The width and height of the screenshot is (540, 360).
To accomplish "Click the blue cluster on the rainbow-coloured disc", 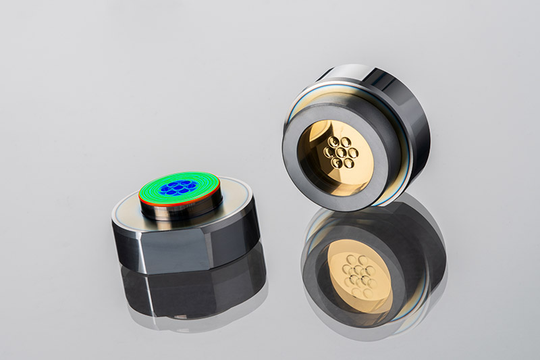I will (180, 187).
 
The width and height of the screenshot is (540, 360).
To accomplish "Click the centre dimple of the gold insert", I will (337, 152).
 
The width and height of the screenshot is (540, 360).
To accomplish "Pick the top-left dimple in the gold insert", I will (331, 142).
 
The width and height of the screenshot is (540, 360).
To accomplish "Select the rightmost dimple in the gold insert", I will (352, 152).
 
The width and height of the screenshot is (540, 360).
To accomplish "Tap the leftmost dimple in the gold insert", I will (325, 151).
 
